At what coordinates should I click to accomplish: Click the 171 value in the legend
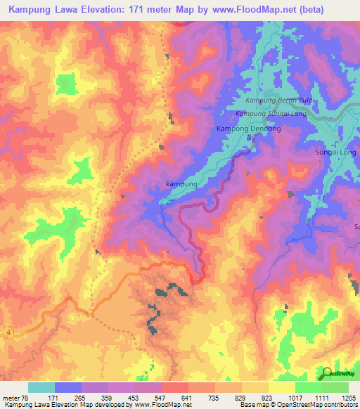(x=53, y=398)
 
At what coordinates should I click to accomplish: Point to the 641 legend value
(x=186, y=398)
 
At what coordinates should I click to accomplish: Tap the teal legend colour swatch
(x=41, y=387)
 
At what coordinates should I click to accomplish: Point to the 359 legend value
(x=105, y=398)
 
